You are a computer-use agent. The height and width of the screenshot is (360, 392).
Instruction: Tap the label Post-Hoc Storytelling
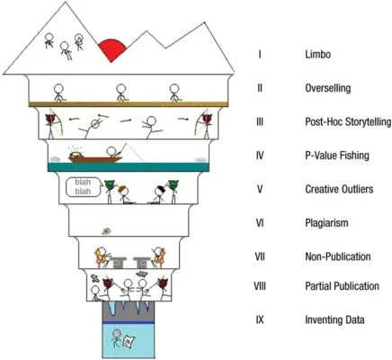347,122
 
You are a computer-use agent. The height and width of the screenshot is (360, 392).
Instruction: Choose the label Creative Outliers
340,189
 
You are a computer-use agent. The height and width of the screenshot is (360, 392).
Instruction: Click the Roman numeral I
259,55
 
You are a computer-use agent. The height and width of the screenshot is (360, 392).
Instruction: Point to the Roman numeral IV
259,156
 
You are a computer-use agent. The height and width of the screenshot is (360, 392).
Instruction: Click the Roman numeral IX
259,320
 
